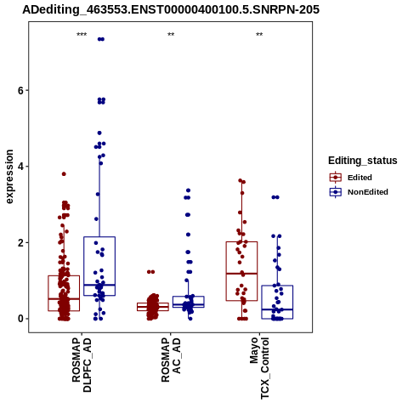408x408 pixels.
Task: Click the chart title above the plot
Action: pyautogui.click(x=171, y=9)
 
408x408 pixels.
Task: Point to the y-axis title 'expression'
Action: pyautogui.click(x=9, y=177)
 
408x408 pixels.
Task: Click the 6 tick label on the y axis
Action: pyautogui.click(x=20, y=90)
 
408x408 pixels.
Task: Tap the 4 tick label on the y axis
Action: pyautogui.click(x=20, y=167)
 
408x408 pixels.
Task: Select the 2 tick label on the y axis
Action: pyautogui.click(x=20, y=242)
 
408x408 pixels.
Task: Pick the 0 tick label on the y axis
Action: pyautogui.click(x=20, y=319)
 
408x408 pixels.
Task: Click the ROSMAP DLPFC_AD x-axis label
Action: pyautogui.click(x=82, y=365)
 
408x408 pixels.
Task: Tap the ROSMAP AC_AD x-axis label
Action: pyautogui.click(x=171, y=360)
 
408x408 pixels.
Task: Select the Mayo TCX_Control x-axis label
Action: pyautogui.click(x=259, y=368)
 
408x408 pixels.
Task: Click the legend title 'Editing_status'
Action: pyautogui.click(x=363, y=161)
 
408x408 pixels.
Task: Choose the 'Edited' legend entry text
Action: pyautogui.click(x=360, y=178)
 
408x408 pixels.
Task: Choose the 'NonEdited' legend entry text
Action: pyautogui.click(x=368, y=192)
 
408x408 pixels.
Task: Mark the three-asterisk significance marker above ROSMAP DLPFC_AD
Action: pyautogui.click(x=82, y=35)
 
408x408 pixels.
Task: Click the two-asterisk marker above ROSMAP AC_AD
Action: pyautogui.click(x=171, y=35)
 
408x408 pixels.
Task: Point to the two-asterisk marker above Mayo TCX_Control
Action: pyautogui.click(x=259, y=35)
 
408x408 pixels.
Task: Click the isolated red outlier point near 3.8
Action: pyautogui.click(x=64, y=174)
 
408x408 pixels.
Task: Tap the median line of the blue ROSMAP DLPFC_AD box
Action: pyautogui.click(x=99, y=285)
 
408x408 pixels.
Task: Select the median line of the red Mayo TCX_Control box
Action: pyautogui.click(x=241, y=274)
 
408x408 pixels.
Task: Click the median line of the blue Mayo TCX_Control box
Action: pyautogui.click(x=277, y=309)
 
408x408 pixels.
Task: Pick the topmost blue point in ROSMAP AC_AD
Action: pyautogui.click(x=188, y=190)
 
